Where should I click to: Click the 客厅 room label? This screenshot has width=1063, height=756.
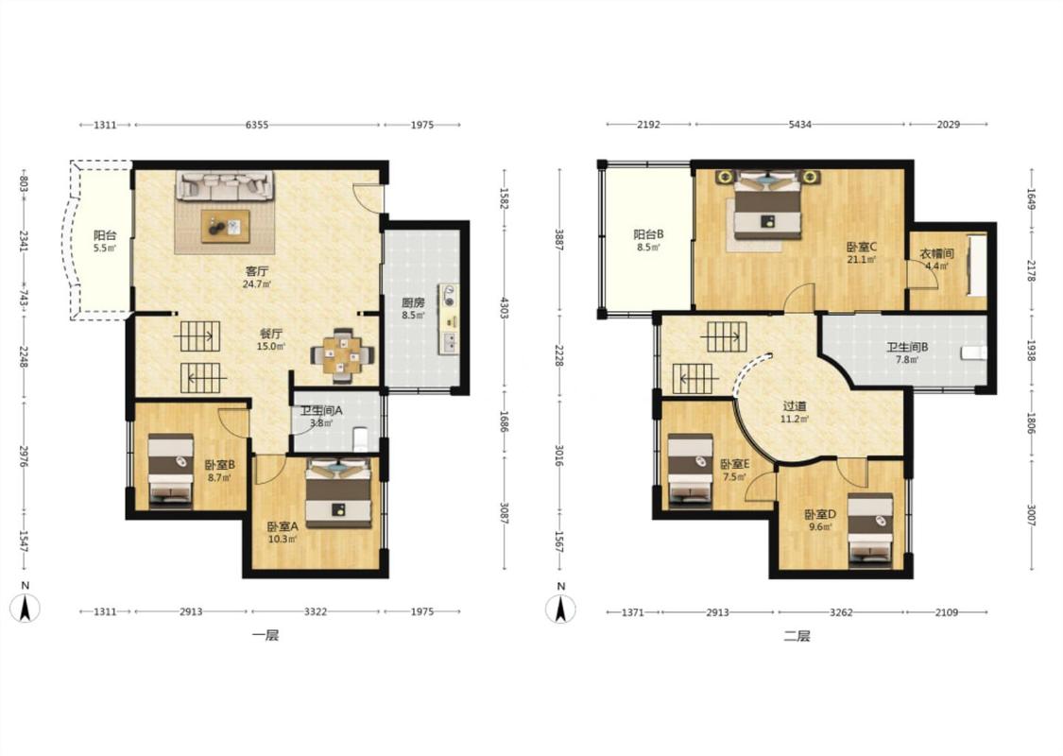(x=257, y=271)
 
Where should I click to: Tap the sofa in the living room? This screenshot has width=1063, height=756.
(x=226, y=185)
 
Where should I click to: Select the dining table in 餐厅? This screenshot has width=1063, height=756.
(x=342, y=354)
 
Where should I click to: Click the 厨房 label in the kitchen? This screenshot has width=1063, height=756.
(x=413, y=303)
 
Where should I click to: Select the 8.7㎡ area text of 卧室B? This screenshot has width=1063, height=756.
(x=219, y=478)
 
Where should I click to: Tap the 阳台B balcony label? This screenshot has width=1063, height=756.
(x=649, y=234)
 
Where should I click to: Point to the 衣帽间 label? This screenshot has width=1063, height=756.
(x=937, y=253)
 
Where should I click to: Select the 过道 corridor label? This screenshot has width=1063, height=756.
(x=795, y=406)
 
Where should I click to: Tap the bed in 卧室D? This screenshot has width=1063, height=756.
(x=870, y=530)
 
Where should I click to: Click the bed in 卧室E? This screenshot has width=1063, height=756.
(x=690, y=471)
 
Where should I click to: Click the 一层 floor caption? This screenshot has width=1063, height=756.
(x=266, y=635)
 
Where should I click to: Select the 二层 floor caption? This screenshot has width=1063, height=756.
(x=797, y=636)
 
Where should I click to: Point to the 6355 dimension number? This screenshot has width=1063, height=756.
(x=257, y=125)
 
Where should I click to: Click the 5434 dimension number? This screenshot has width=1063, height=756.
(x=800, y=125)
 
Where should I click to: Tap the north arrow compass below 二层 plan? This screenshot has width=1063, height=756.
(x=560, y=609)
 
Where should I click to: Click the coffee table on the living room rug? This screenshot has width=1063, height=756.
(x=225, y=226)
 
